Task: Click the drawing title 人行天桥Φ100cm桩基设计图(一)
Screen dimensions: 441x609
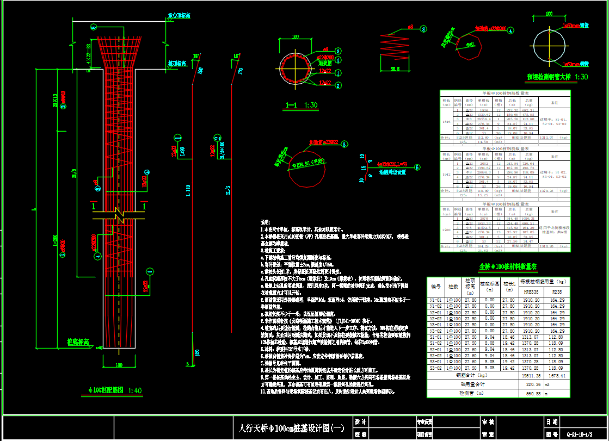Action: (x=288, y=428)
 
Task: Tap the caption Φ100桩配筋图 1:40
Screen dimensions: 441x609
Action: (x=115, y=389)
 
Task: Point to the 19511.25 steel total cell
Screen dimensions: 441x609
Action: (x=530, y=375)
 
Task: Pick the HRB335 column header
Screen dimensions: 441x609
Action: (x=530, y=291)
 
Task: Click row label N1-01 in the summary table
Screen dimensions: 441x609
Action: (x=436, y=300)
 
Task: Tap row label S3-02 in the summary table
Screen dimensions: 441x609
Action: (x=436, y=368)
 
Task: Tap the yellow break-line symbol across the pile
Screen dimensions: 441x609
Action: (x=118, y=216)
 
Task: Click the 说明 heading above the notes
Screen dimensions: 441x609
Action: (x=266, y=222)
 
